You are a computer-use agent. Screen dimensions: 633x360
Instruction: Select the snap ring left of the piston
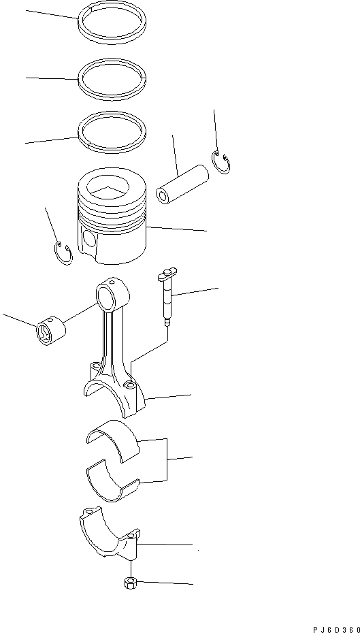coord(63,254)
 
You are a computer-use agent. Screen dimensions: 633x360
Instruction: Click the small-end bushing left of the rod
coord(50,331)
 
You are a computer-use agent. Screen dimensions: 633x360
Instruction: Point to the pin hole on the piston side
coord(86,240)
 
